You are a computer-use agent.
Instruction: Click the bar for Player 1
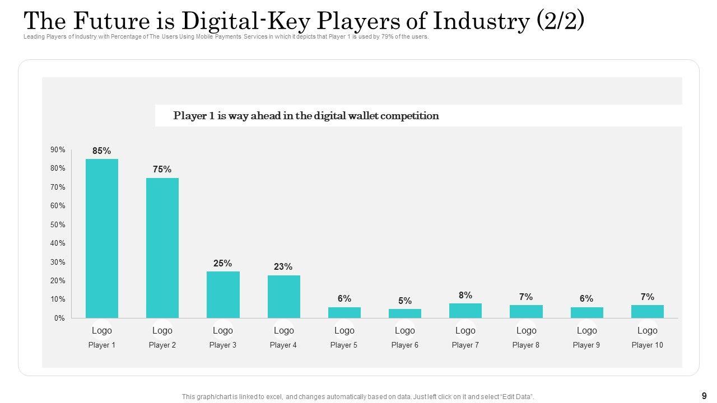click(102, 238)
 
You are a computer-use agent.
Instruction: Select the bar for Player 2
click(162, 248)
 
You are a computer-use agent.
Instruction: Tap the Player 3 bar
click(223, 294)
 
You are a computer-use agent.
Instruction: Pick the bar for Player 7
click(465, 311)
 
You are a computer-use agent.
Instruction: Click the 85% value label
click(102, 151)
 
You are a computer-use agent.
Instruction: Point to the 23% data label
click(283, 267)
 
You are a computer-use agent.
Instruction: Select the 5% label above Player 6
click(405, 301)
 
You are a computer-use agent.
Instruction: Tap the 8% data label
click(465, 295)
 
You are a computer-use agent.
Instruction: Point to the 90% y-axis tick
click(58, 150)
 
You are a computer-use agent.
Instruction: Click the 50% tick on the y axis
click(58, 224)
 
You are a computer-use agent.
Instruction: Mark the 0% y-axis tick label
click(59, 318)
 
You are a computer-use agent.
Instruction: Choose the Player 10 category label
click(647, 345)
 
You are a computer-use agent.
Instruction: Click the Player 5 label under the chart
click(344, 345)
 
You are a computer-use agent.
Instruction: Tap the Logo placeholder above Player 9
click(587, 330)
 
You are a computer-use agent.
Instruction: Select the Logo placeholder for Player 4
click(283, 330)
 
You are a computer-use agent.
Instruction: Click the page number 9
click(704, 395)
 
